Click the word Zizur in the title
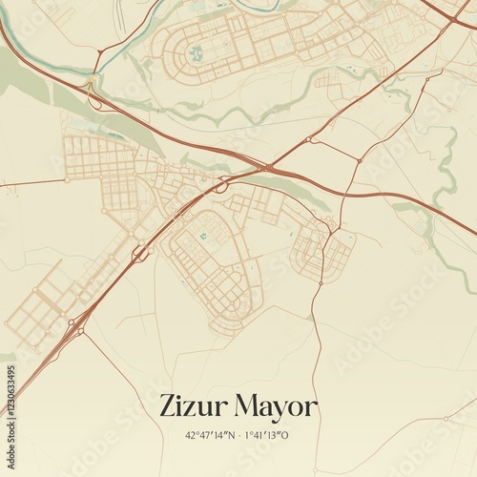click(197, 406)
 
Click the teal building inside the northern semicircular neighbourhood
click(195, 53)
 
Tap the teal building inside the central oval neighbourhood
click(202, 236)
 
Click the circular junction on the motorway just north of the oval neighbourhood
click(220, 188)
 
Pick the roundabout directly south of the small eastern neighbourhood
click(323, 282)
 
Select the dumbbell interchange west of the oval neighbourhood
click(140, 253)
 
